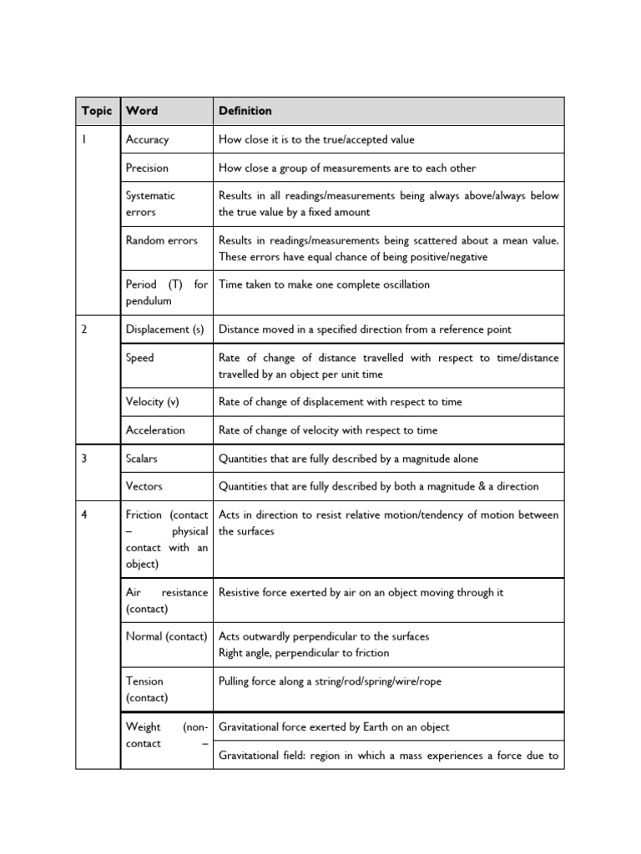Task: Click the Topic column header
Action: coord(96,111)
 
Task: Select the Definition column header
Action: coord(245,111)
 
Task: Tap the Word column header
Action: coord(141,111)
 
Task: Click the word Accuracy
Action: coord(147,140)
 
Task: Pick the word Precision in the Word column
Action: coord(147,168)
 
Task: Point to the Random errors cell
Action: coord(161,241)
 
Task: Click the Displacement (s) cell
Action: coord(164,329)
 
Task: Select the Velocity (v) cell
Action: coord(152,402)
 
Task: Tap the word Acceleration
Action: coord(155,430)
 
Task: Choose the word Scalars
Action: coord(141,459)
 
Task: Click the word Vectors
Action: coord(144,486)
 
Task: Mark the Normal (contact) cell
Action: coord(166,637)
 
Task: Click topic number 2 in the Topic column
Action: coord(84,329)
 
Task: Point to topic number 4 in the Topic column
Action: coord(84,515)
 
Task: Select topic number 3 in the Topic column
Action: coord(84,459)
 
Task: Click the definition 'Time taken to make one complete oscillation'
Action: coord(324,285)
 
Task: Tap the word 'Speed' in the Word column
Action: coord(139,358)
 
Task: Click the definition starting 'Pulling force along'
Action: coord(330,682)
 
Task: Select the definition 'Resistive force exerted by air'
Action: coord(361,593)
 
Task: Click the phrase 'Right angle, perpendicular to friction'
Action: coord(304,653)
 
